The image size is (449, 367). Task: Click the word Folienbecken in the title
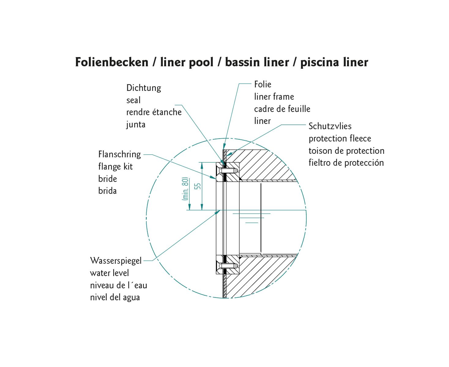[111, 62]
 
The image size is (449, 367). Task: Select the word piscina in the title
[317, 62]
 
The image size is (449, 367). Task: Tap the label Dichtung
[144, 88]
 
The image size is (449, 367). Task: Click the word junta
[136, 124]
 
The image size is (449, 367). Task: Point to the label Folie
[263, 84]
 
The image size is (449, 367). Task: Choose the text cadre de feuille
[282, 109]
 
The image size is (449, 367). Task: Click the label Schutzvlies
[330, 126]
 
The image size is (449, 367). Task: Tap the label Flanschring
[119, 154]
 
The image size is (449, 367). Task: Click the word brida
[107, 191]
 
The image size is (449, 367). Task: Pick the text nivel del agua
[115, 298]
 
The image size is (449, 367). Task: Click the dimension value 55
[198, 186]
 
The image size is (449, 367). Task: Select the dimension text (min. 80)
[185, 189]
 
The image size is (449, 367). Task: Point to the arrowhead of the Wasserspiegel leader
[218, 212]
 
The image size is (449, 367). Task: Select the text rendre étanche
[154, 112]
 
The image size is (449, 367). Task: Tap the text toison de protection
[346, 151]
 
